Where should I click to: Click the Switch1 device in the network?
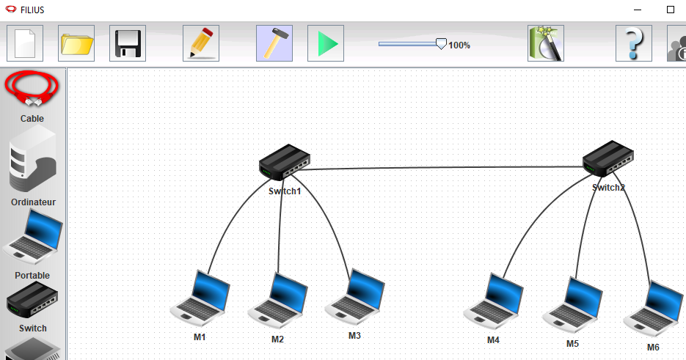[285, 162]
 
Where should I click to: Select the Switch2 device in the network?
[608, 158]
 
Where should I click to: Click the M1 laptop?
[200, 298]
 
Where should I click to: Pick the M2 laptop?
[278, 300]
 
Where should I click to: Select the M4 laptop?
[494, 301]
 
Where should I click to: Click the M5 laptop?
[573, 304]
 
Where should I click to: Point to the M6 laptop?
[654, 309]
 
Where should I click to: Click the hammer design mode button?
[274, 43]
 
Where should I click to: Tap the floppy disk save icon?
[128, 43]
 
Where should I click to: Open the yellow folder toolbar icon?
[76, 43]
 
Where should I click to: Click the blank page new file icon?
[25, 43]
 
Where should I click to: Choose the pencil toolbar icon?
[201, 43]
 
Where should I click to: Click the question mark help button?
[634, 43]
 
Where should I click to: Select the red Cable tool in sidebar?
[32, 89]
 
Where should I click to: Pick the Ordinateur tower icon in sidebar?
[33, 160]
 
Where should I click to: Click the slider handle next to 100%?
[441, 44]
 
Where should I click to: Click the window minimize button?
[638, 10]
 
